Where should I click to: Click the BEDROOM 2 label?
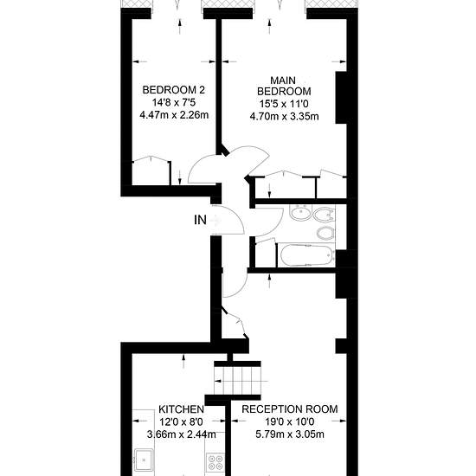coord(174,90)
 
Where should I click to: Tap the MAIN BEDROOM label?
coord(284,86)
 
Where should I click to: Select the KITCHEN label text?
coord(181,409)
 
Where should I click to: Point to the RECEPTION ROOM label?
coord(290,409)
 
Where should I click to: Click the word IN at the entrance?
coord(200,220)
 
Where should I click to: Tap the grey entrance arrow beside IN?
coord(215,220)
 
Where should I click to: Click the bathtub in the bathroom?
coord(307,255)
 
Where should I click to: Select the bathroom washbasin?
coord(300,212)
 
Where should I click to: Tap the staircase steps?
coord(237,381)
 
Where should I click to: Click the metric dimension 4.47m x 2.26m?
coord(174,115)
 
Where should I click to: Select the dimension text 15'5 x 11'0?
coord(284,104)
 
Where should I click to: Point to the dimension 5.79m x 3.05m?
coord(290,434)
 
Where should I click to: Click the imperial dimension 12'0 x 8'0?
coord(181,421)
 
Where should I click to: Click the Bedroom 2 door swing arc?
coord(197,165)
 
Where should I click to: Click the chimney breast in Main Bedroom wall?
coord(341,98)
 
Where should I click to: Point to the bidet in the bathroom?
coord(325,233)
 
